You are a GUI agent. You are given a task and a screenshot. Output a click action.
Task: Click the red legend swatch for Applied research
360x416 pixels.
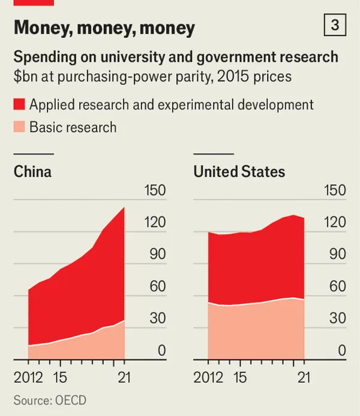(19, 104)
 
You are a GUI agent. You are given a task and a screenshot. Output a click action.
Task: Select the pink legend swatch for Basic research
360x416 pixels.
(19, 127)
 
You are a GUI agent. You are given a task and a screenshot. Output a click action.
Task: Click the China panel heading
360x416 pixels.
(32, 172)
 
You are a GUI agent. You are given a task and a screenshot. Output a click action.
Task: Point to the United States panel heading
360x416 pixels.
(239, 172)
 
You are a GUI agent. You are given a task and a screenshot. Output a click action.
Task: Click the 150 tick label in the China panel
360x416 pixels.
(154, 191)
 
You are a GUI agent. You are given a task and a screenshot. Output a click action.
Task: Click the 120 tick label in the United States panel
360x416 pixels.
(334, 223)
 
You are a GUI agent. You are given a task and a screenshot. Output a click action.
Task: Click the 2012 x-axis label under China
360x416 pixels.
(29, 378)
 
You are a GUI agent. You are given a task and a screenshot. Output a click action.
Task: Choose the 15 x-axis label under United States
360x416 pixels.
(239, 378)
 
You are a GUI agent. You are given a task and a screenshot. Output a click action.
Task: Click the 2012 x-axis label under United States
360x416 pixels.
(209, 378)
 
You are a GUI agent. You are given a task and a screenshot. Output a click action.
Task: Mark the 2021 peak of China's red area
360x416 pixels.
(124, 208)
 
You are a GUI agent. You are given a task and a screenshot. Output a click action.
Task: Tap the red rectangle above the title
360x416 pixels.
(34, 2)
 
